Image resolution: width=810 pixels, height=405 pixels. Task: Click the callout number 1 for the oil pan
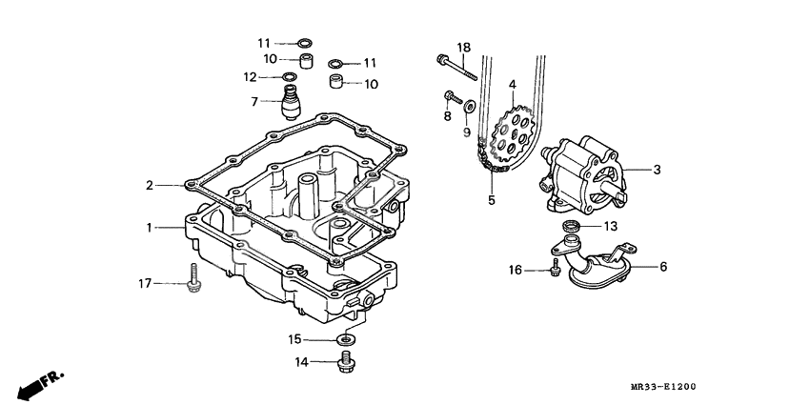(149, 228)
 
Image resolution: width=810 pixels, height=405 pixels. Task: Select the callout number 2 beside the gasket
(149, 185)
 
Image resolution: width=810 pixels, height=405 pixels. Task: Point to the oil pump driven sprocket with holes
(516, 139)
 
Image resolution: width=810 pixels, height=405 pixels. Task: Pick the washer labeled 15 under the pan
(345, 338)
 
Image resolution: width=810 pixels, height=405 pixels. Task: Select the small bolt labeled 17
(194, 277)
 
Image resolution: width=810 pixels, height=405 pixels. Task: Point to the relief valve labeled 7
(287, 99)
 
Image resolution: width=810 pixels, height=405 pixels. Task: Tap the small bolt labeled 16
(555, 271)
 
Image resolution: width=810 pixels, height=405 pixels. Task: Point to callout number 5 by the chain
(492, 200)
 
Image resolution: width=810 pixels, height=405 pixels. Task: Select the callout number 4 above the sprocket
(512, 85)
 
